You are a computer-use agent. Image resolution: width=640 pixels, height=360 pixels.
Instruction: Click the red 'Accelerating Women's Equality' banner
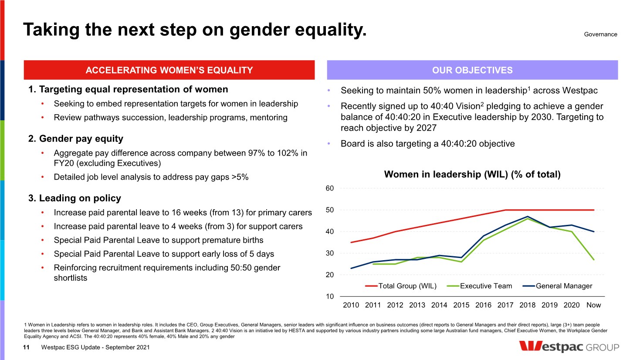click(169, 70)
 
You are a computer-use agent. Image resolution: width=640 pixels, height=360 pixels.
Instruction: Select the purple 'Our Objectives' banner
click(472, 70)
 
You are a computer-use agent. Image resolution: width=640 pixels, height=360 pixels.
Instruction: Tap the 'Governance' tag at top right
click(600, 34)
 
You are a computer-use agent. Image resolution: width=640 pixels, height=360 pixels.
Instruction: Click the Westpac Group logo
click(569, 347)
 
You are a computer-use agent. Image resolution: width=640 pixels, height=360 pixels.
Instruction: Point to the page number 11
click(26, 347)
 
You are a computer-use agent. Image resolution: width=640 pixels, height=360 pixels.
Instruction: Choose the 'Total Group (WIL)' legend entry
click(401, 286)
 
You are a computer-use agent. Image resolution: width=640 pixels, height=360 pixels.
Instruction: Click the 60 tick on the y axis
click(330, 188)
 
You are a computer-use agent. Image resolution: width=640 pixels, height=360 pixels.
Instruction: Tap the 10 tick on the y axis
click(330, 296)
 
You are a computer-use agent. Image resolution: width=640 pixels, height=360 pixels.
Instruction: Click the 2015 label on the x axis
click(461, 305)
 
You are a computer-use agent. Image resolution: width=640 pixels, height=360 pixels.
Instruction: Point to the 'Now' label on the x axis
click(593, 305)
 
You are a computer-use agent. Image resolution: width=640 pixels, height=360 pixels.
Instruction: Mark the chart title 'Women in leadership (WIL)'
click(472, 174)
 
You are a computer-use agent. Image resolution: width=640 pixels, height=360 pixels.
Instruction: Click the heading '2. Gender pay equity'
click(76, 139)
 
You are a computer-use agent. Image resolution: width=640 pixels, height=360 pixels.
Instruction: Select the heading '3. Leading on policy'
click(74, 198)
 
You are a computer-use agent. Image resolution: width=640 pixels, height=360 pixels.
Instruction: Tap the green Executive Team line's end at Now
click(594, 260)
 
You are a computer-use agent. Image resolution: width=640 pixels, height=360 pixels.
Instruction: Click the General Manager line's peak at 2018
click(528, 216)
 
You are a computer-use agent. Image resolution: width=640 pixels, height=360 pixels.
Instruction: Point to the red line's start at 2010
click(351, 242)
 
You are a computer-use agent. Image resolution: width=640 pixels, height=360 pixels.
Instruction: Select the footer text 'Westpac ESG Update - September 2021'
click(95, 347)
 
